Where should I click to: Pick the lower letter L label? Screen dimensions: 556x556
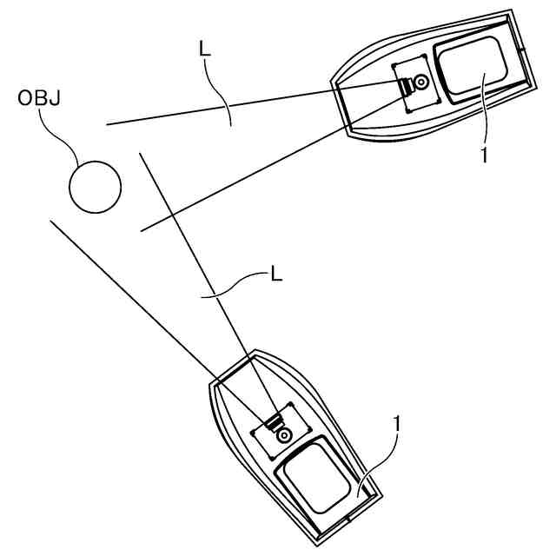pyautogui.click(x=276, y=275)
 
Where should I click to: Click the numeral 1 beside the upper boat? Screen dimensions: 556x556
pyautogui.click(x=484, y=154)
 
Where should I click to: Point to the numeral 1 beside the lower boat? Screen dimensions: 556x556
pyautogui.click(x=397, y=424)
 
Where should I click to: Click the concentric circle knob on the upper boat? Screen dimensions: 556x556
pyautogui.click(x=421, y=83)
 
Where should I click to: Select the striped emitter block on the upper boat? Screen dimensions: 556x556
pyautogui.click(x=407, y=85)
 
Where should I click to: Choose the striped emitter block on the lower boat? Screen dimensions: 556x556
pyautogui.click(x=275, y=422)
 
